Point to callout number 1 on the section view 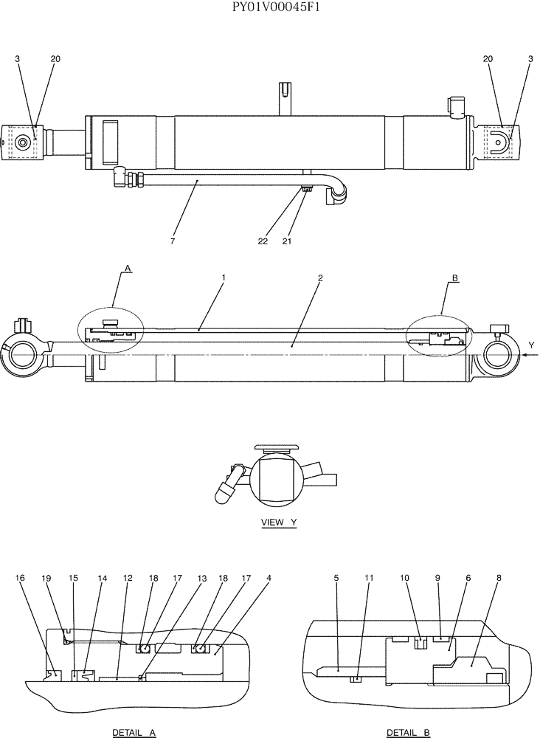(x=223, y=278)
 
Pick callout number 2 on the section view (x=320, y=278)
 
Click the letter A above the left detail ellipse (x=128, y=270)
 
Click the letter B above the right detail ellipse (x=455, y=279)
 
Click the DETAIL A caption (x=134, y=732)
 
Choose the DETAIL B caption (x=408, y=732)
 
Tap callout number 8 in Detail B (x=499, y=579)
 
